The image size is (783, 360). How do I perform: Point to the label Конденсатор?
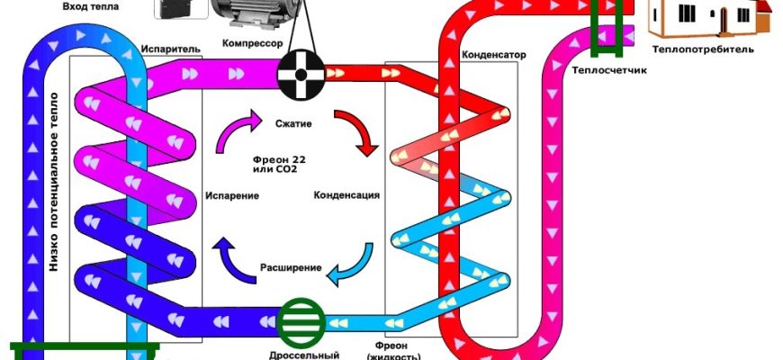pos(493,55)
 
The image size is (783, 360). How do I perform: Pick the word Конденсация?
pos(346,194)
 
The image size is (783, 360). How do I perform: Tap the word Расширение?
pos(286,267)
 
